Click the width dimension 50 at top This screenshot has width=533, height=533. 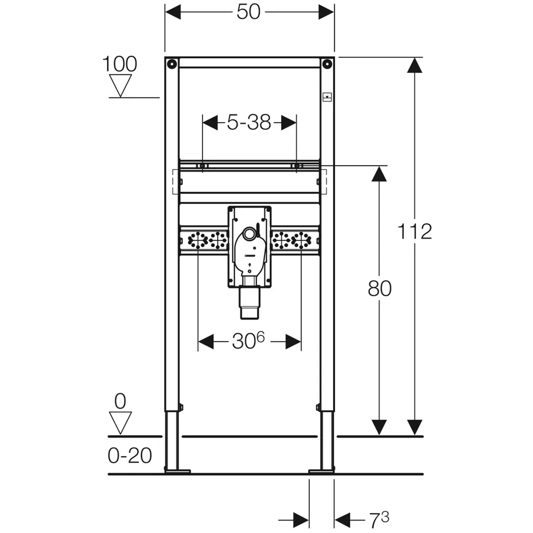click(x=249, y=12)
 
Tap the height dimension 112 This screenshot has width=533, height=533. click(x=415, y=231)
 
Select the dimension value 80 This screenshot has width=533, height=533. click(x=379, y=288)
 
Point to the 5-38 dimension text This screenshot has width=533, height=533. click(x=249, y=123)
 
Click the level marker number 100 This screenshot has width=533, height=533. click(x=119, y=64)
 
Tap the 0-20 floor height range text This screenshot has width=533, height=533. click(x=130, y=456)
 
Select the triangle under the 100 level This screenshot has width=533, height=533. click(x=121, y=85)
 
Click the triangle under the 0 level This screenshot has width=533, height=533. click(x=121, y=422)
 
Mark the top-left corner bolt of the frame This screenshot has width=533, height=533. click(x=171, y=64)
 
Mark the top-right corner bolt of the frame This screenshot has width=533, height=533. click(x=326, y=64)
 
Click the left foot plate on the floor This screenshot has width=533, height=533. click(x=177, y=471)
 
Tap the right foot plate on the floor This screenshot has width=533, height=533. click(x=322, y=471)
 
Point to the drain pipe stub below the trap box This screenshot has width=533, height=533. click(x=249, y=302)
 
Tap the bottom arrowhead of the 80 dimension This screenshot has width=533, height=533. click(x=379, y=427)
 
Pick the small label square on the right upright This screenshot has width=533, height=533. click(x=327, y=97)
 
